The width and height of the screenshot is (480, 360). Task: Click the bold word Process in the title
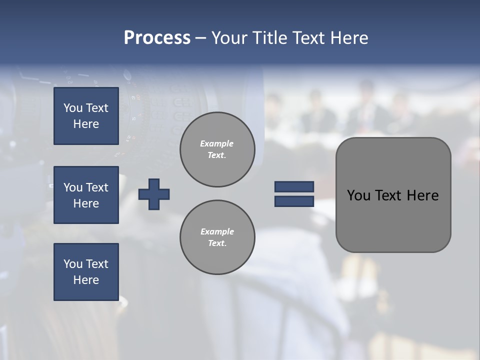click(x=157, y=38)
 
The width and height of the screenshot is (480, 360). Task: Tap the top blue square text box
click(x=86, y=116)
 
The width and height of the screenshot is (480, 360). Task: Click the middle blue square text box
click(x=86, y=195)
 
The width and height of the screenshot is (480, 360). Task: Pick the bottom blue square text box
click(x=86, y=272)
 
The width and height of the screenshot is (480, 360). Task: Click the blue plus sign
click(x=154, y=194)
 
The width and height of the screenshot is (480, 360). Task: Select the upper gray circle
click(x=217, y=149)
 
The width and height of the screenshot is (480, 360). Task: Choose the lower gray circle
click(x=217, y=237)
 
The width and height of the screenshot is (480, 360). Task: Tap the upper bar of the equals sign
click(x=294, y=187)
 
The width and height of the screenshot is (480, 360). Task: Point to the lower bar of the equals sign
click(x=294, y=201)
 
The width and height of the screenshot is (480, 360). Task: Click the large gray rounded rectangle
click(x=393, y=220)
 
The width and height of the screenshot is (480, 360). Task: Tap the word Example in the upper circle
click(x=217, y=143)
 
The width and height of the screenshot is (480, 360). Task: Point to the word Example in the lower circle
click(x=217, y=231)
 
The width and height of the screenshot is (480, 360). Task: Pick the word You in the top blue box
click(x=73, y=108)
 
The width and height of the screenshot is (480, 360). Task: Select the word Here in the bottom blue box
click(x=86, y=280)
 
